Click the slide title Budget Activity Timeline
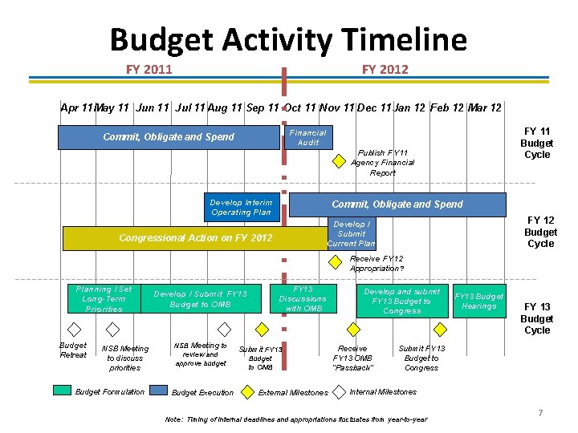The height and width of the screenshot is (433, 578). pos(287,39)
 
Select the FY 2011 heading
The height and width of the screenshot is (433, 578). pos(149,70)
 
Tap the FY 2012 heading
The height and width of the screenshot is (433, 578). pos(385,70)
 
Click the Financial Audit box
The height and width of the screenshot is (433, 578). pos(308,137)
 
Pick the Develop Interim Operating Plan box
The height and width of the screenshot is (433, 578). pos(241,207)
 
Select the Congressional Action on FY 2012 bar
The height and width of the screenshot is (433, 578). pos(195,238)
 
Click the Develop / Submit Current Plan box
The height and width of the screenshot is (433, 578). pos(352,234)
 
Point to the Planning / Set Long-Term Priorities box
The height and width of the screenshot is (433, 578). pos(104,299)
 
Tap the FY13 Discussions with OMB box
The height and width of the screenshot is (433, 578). pos(303,299)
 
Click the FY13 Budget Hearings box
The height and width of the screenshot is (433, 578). pos(479,301)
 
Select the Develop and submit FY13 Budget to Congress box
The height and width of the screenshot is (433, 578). pos(402,301)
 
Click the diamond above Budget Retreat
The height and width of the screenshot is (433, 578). pos(74,329)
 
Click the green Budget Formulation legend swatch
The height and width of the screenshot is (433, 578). pos(63,391)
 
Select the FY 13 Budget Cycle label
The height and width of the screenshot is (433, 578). pos(537,318)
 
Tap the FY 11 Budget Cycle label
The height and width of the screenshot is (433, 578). pos(537,143)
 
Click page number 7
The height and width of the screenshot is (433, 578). pos(540,413)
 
